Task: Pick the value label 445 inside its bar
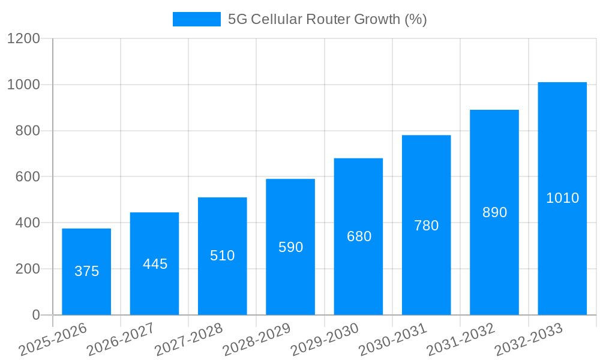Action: coord(155,264)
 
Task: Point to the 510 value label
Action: coord(223,256)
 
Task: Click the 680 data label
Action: coord(359,236)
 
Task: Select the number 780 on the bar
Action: coord(427,226)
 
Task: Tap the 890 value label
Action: coord(494,212)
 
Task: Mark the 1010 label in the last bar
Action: coord(562,198)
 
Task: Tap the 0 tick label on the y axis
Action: coord(35,315)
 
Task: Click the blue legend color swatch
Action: coord(196,19)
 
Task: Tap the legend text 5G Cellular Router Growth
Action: coord(327,19)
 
